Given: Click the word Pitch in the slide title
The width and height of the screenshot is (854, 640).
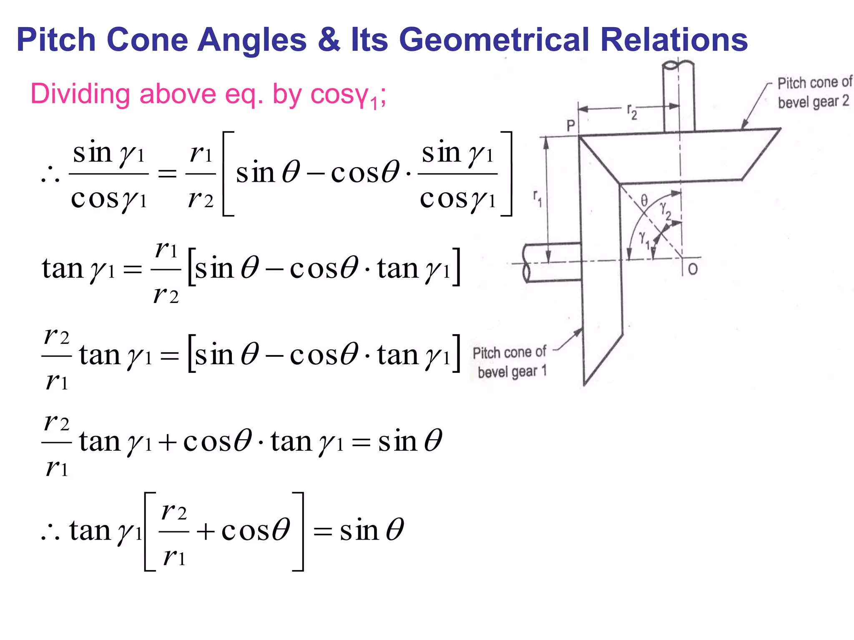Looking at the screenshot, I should tap(56, 40).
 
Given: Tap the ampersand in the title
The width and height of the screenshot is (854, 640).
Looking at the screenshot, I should tap(329, 40).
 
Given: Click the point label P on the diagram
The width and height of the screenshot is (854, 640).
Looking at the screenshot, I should tap(571, 125).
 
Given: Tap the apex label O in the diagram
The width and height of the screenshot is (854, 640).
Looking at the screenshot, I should tap(693, 269).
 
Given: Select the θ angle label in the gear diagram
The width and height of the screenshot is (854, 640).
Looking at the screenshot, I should tap(644, 200).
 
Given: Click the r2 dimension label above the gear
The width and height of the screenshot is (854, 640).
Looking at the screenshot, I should tap(632, 112).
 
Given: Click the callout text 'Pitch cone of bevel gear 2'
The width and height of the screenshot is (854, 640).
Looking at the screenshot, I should tap(814, 92).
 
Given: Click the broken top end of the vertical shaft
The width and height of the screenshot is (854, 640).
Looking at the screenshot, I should tap(678, 66).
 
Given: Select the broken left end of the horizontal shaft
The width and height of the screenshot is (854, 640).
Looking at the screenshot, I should tap(527, 263).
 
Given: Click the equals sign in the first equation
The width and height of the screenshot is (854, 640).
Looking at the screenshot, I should tap(167, 174).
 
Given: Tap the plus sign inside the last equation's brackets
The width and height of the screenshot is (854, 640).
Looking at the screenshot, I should tap(205, 532).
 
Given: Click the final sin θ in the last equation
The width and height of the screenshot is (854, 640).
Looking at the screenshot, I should tap(372, 531).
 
